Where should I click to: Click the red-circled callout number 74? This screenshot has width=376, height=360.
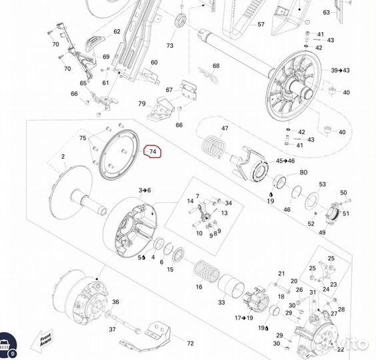coord(153,152)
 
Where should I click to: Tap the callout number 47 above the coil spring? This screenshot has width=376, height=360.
coord(225,129)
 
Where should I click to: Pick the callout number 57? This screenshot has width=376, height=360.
coord(261,25)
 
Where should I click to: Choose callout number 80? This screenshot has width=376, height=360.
coord(303,173)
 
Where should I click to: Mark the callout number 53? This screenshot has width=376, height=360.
coord(322,185)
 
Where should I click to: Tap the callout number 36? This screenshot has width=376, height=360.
coord(115,302)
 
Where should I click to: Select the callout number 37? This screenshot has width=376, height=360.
coord(112,329)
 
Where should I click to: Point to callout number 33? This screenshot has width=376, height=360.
coord(221,303)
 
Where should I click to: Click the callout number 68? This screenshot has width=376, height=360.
coord(216,66)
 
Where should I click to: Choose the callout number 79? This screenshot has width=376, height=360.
coord(141,103)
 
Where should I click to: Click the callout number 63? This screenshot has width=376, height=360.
coord(327,13)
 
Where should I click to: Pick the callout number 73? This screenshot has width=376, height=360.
coord(170,45)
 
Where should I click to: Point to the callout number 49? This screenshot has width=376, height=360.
coord(322,232)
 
